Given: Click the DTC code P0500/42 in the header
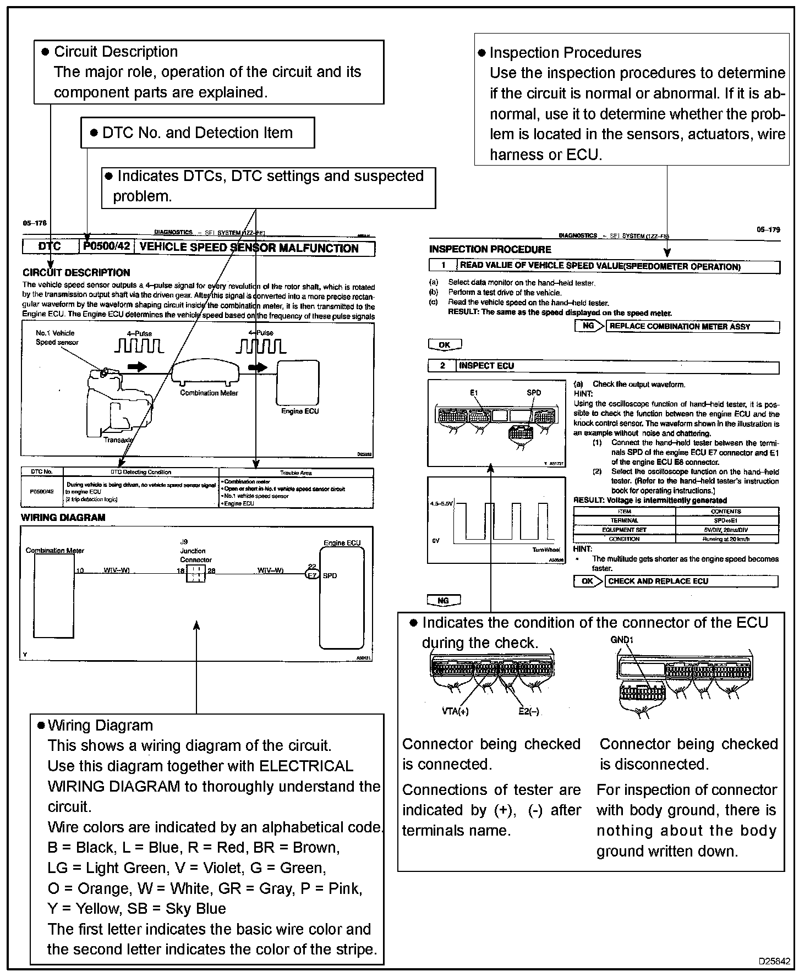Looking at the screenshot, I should (107, 246).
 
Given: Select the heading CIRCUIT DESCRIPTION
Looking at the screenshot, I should (76, 272).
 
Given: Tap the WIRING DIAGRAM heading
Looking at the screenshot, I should (63, 518).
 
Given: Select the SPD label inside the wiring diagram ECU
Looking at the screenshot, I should (330, 576).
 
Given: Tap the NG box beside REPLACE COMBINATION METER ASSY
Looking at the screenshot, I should (589, 326).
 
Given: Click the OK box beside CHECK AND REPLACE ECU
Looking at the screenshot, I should (588, 581).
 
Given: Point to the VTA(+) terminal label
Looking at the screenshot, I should (455, 711).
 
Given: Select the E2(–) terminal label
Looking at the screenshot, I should (529, 711).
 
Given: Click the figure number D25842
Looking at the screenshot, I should (774, 962).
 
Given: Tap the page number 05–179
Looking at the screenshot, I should (768, 230).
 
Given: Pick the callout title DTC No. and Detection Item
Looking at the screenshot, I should (198, 133).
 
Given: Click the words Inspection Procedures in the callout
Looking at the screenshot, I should (565, 53).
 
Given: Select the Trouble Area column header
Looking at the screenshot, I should (296, 473).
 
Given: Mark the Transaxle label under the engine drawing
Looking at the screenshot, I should (118, 440).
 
